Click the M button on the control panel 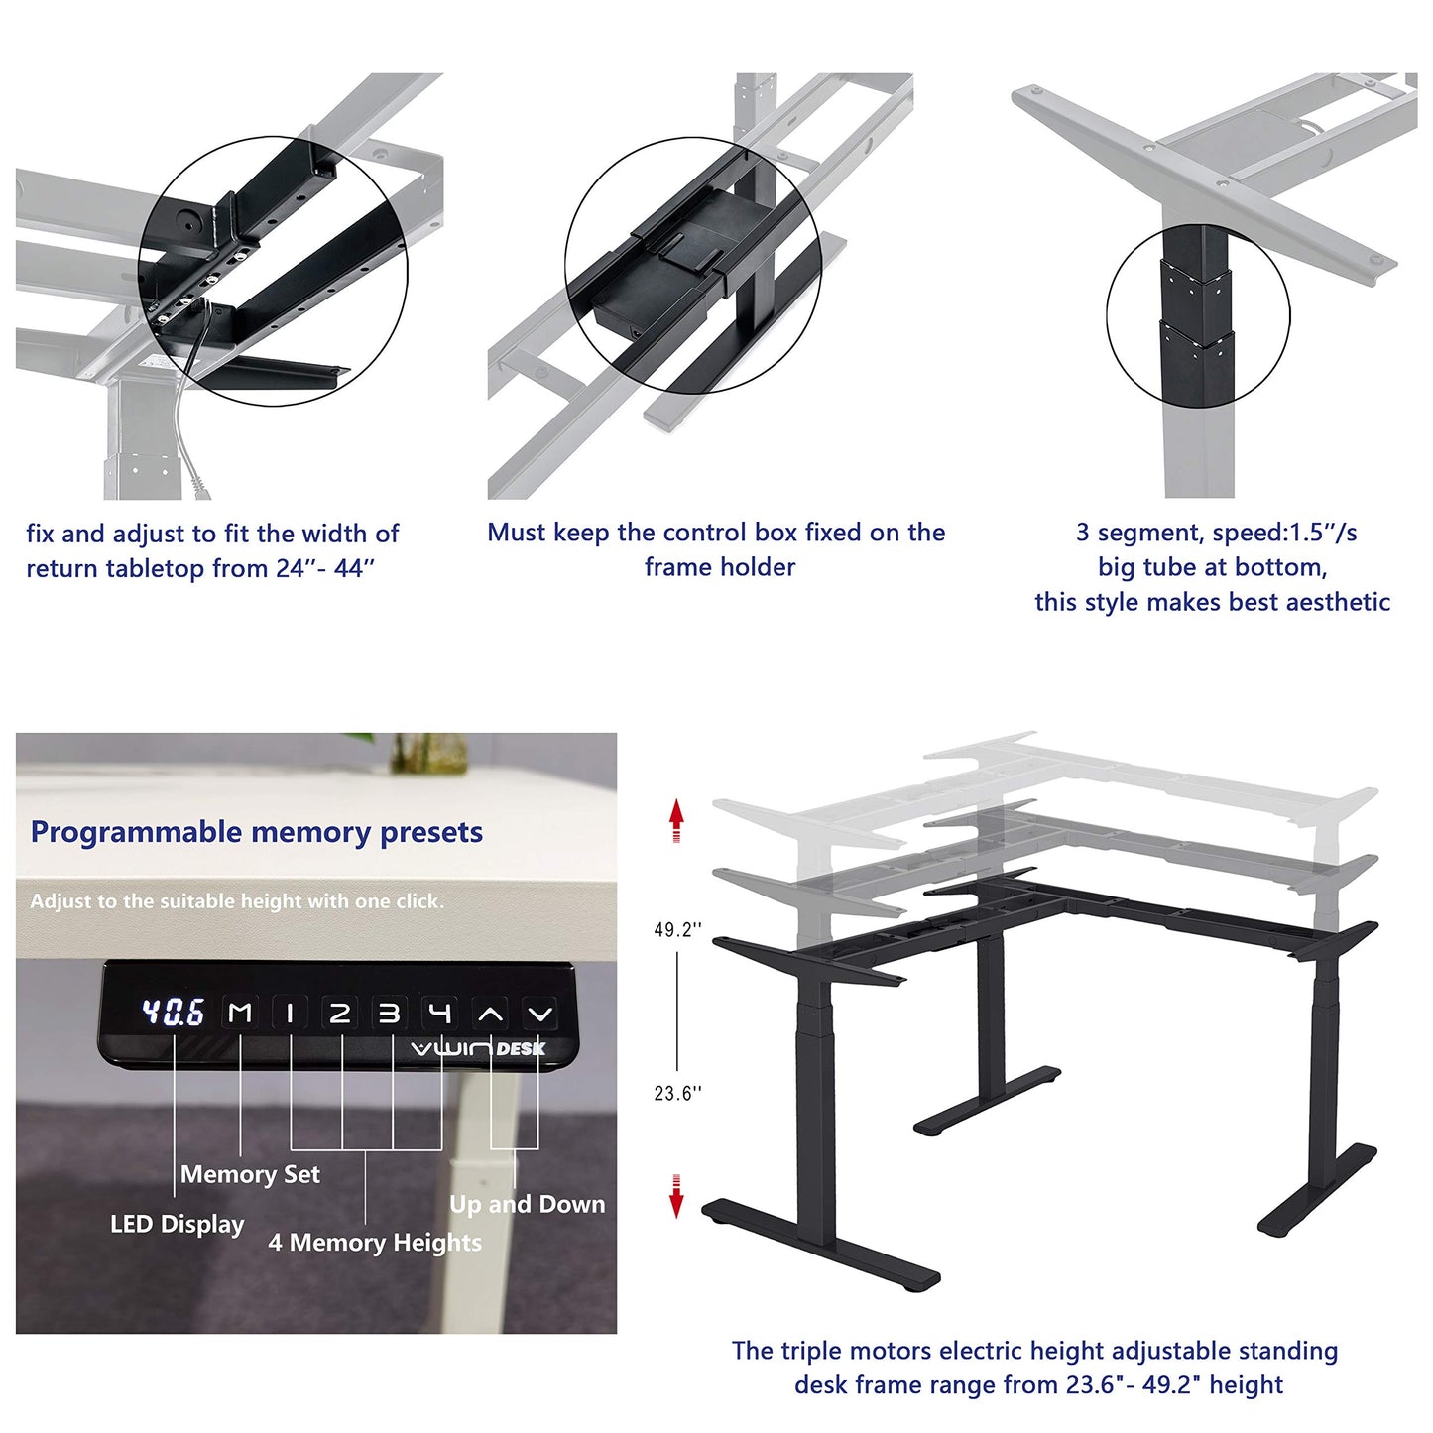(x=240, y=1013)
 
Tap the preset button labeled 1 (x=291, y=1013)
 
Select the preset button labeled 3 (x=390, y=1013)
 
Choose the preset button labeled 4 (x=439, y=1013)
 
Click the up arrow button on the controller (x=490, y=1014)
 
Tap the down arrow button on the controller (x=539, y=1014)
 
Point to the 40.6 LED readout (x=174, y=1013)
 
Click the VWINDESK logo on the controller (x=478, y=1049)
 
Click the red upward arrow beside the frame (x=676, y=820)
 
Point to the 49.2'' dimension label (x=677, y=930)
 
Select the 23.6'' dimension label (x=677, y=1094)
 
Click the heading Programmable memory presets (x=257, y=832)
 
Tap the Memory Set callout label (x=250, y=1175)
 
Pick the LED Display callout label (x=177, y=1225)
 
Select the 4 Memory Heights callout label (x=375, y=1243)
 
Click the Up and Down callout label (x=527, y=1205)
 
